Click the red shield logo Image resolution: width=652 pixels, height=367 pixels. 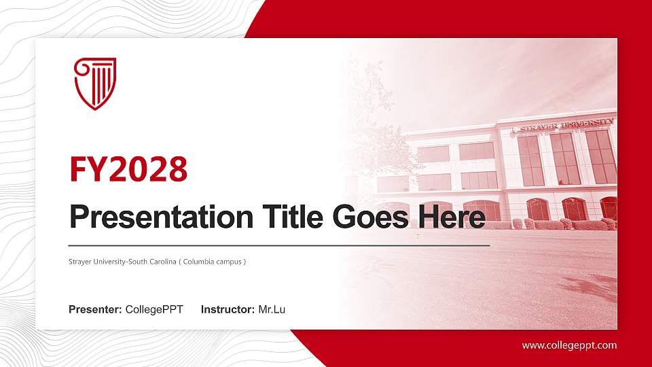coord(95,84)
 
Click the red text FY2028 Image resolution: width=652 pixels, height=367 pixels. coord(128,170)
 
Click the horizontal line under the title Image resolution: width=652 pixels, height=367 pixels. coord(278,245)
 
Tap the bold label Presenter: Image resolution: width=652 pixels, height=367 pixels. coord(95,310)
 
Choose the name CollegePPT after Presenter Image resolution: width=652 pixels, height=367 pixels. coord(154,310)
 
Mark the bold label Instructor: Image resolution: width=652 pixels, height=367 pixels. coord(228,310)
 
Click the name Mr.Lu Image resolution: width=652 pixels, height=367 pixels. coord(272,310)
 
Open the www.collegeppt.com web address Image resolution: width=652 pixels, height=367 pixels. coord(569,345)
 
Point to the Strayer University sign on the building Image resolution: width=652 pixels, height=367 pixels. coord(564,124)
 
